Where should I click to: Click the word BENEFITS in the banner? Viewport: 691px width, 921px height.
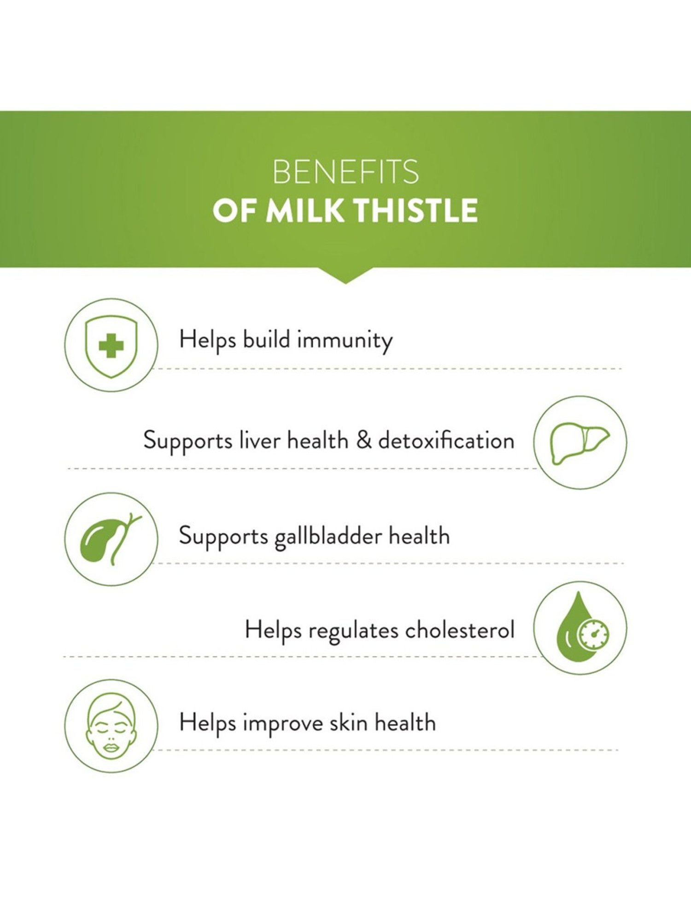pos(345,172)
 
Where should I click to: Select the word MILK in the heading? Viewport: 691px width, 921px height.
pos(305,210)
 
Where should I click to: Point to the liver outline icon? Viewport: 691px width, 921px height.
pos(580,443)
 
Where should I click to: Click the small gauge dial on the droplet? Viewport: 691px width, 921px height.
pos(594,635)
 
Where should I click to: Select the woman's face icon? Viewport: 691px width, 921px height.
pos(111,726)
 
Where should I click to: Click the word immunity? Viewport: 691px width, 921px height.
pos(345,341)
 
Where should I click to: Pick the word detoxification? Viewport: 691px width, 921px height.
pos(446,441)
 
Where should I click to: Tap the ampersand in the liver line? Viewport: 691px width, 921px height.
pos(363,441)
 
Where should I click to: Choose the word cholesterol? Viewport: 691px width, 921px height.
pos(459,630)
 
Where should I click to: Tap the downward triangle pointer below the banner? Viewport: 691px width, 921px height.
pos(345,275)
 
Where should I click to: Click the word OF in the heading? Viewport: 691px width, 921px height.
pos(234,210)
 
